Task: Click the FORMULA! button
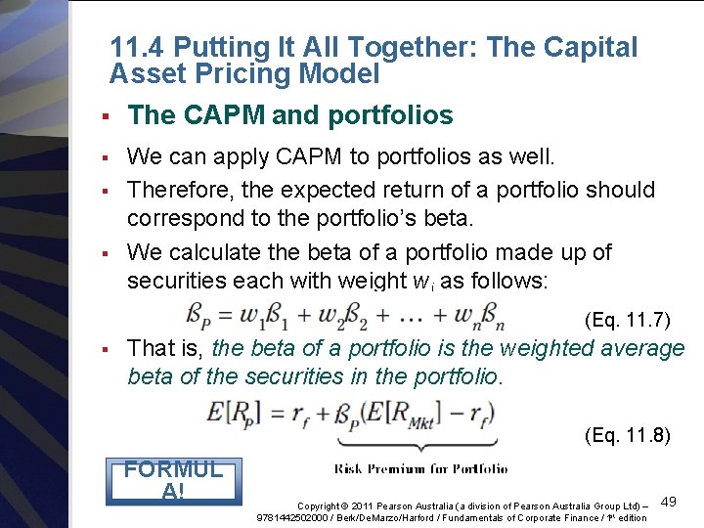point(173,479)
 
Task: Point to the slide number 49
point(669,502)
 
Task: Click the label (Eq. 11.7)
point(627,319)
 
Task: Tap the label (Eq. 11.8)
point(627,435)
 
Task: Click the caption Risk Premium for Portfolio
point(421,469)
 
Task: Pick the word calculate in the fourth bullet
point(215,252)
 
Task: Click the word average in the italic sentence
point(643,348)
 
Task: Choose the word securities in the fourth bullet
point(175,281)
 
